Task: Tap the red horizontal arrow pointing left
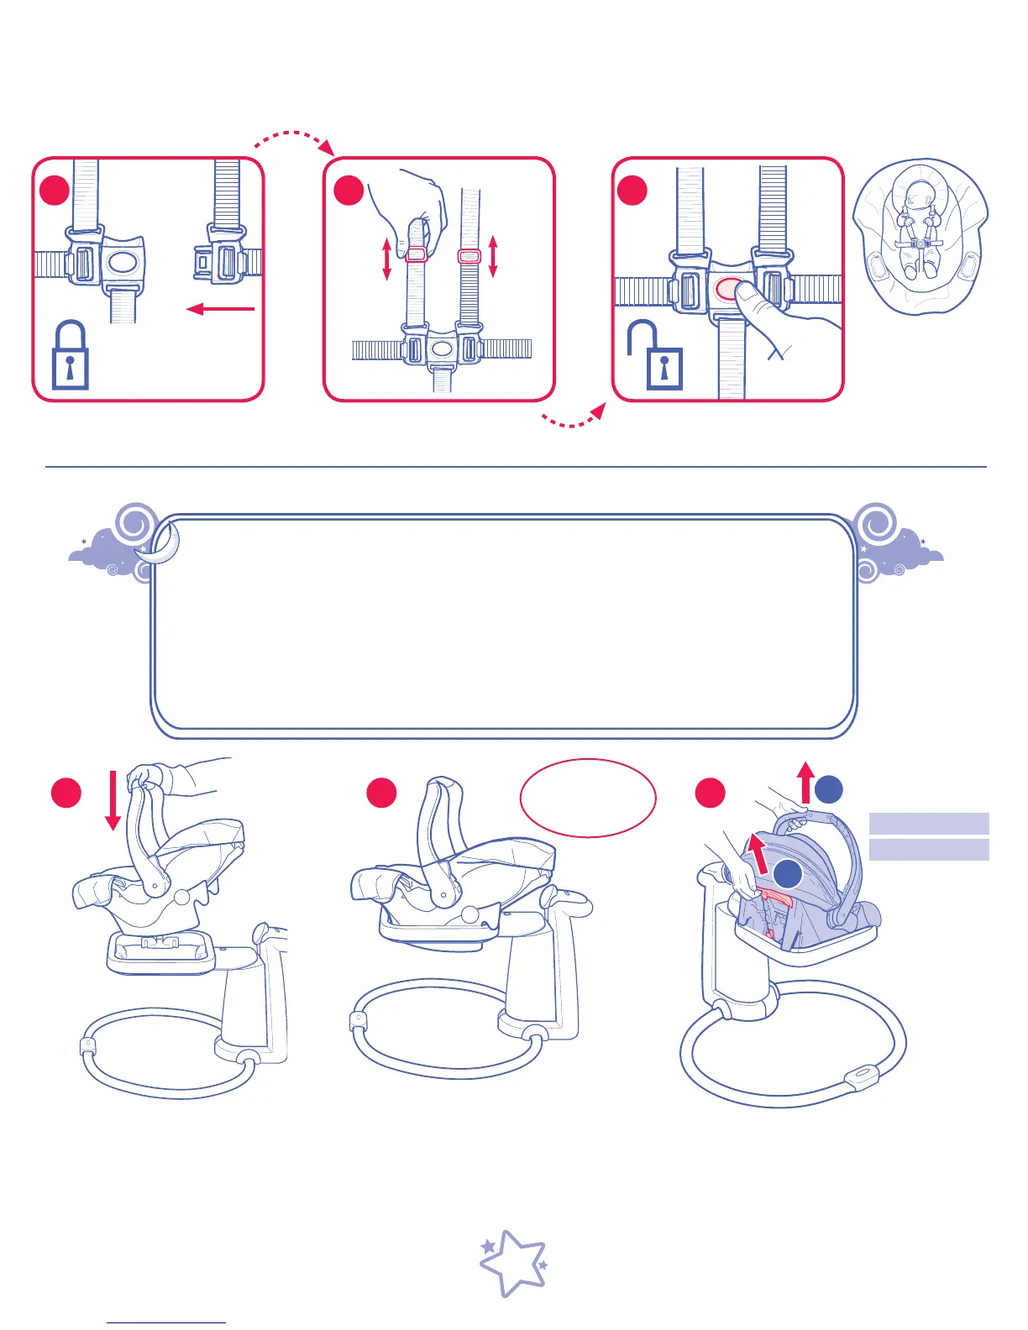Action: (x=220, y=309)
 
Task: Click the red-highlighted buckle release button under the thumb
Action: (x=727, y=289)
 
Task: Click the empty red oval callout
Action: (x=588, y=798)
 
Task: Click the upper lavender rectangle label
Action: (x=929, y=823)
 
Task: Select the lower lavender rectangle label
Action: (x=929, y=850)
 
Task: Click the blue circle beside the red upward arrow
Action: (x=829, y=789)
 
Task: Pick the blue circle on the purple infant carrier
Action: (x=787, y=874)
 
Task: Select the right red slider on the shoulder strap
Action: (x=469, y=255)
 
